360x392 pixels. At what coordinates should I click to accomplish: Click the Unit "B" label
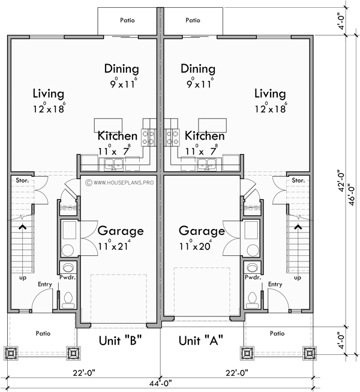pyautogui.click(x=119, y=341)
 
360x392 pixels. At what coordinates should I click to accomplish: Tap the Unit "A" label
pyautogui.click(x=201, y=341)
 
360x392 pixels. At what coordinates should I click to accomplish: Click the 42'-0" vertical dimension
pyautogui.click(x=341, y=179)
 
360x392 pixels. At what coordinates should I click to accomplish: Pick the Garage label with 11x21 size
pyautogui.click(x=121, y=231)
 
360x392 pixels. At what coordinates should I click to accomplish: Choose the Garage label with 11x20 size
pyautogui.click(x=202, y=231)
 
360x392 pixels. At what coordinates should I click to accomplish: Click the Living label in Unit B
pyautogui.click(x=49, y=94)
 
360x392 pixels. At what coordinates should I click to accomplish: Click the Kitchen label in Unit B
pyautogui.click(x=118, y=136)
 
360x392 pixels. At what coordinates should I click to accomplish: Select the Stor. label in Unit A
pyautogui.click(x=298, y=180)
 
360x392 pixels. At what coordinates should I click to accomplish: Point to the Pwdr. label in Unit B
pyautogui.click(x=67, y=278)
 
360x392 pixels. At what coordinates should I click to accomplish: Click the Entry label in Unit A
pyautogui.click(x=275, y=284)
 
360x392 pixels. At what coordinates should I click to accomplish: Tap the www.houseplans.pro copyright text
pyautogui.click(x=120, y=181)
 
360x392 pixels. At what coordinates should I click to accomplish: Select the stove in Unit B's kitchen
pyautogui.click(x=148, y=136)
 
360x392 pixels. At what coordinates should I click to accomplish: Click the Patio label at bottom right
pyautogui.click(x=277, y=333)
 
